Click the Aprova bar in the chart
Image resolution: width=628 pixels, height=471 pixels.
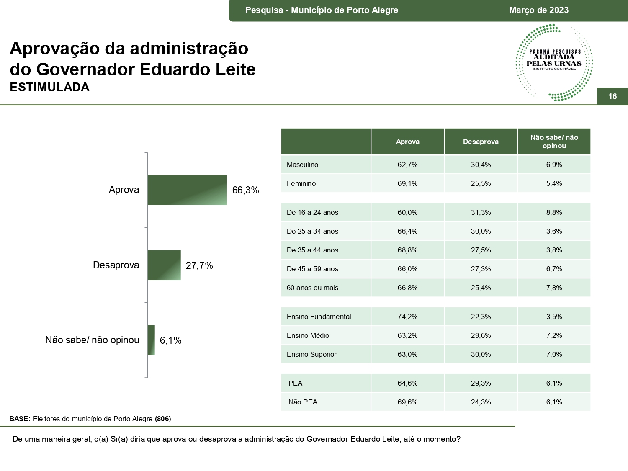tap(187, 190)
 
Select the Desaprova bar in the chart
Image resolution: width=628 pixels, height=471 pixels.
tap(164, 265)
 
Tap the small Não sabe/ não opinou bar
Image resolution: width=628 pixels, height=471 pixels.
tap(151, 340)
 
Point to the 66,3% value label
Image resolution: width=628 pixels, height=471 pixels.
tap(245, 190)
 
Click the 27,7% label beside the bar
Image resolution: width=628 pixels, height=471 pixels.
tap(199, 265)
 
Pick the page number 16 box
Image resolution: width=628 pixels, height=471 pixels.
tap(612, 96)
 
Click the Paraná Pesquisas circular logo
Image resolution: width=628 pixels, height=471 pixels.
tap(554, 62)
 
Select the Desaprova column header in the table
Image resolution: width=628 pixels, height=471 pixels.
tap(481, 142)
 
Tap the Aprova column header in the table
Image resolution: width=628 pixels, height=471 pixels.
tap(407, 142)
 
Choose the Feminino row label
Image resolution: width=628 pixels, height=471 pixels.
tap(301, 183)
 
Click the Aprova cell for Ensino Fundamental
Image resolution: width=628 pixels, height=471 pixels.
tap(407, 317)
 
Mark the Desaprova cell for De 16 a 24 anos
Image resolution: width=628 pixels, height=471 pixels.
tap(481, 212)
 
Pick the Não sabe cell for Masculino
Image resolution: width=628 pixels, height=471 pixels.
tap(554, 165)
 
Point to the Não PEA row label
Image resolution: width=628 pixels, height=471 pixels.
tap(303, 402)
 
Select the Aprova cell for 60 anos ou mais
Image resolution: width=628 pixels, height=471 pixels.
tap(407, 288)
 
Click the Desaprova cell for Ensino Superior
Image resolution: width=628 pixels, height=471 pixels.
tap(481, 354)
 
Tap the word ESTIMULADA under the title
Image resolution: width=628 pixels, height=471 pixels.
tap(49, 87)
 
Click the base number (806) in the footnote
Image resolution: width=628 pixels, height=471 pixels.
tap(163, 419)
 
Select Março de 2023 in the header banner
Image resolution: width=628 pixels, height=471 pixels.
tap(539, 10)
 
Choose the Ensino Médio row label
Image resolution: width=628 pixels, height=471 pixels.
tap(308, 335)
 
